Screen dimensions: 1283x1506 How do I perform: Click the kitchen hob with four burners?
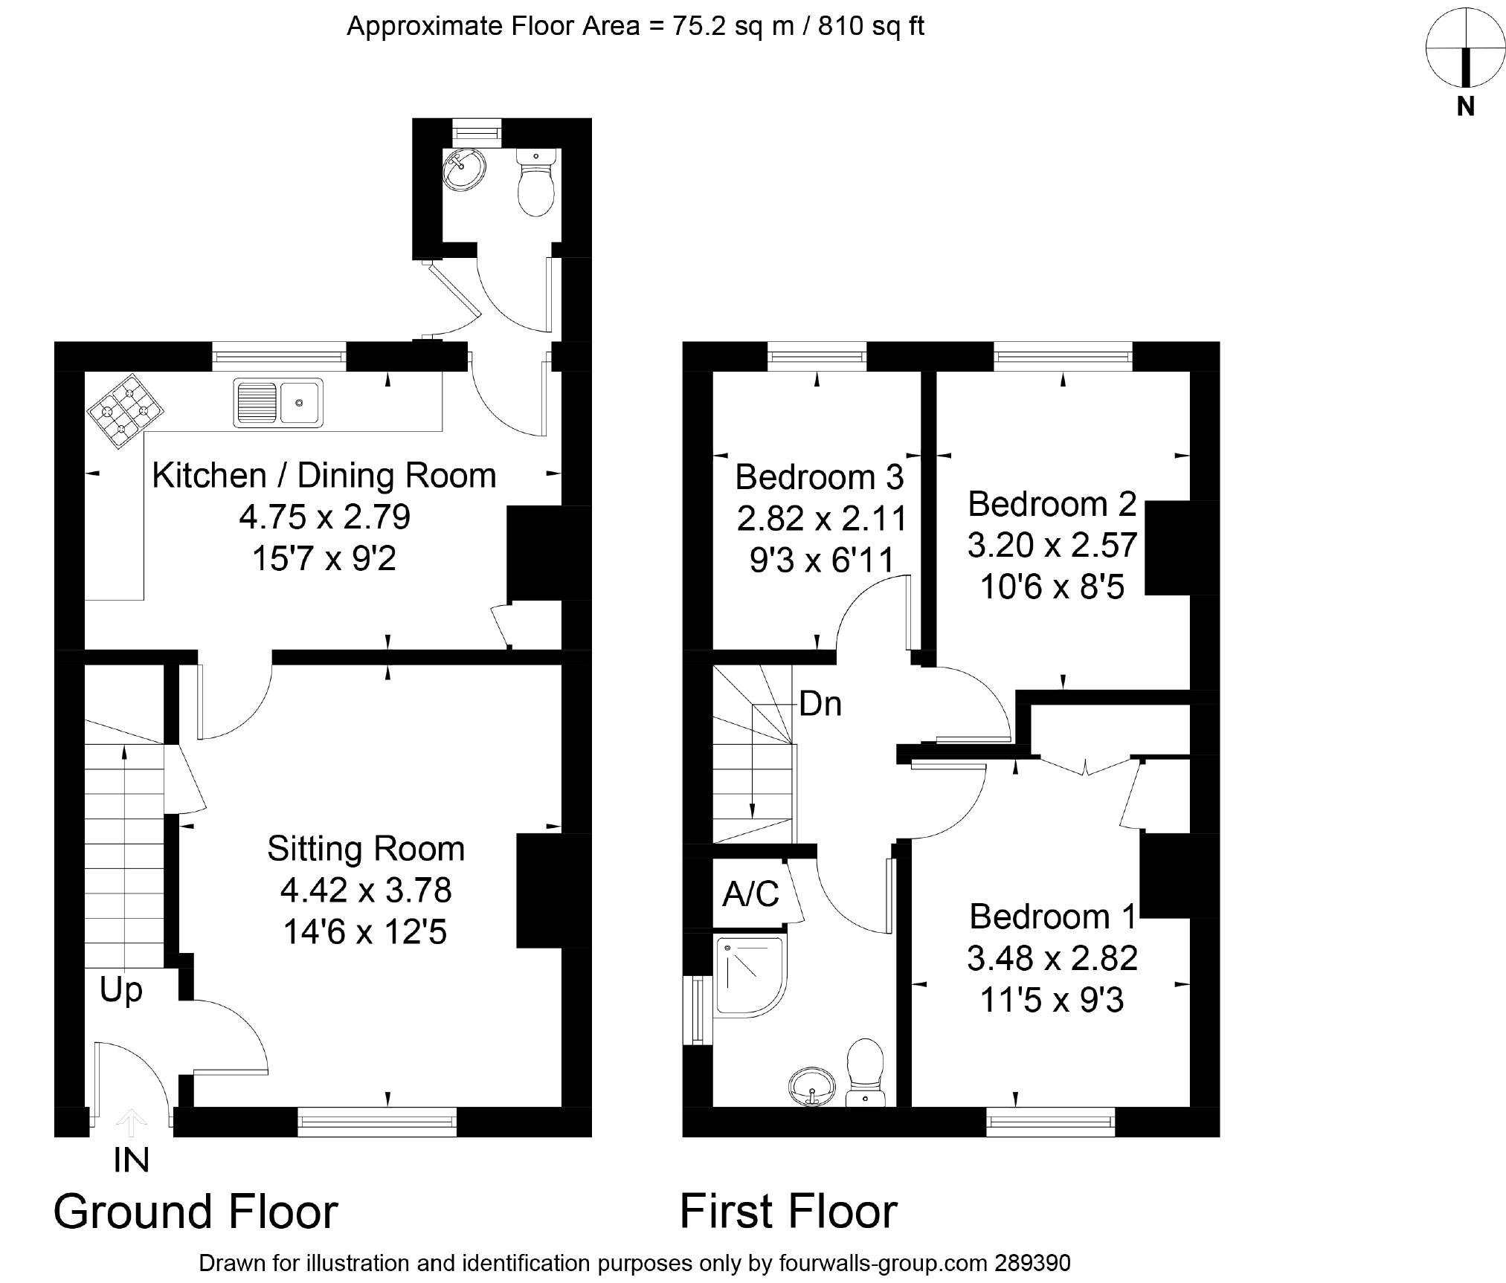(x=125, y=411)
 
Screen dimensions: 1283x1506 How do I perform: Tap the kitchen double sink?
(x=278, y=403)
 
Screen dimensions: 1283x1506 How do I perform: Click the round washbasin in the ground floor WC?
(x=464, y=169)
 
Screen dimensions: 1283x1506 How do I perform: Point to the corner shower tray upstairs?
(x=749, y=975)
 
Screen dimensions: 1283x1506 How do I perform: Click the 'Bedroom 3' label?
(x=819, y=477)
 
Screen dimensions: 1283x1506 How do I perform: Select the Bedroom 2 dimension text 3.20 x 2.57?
(x=1052, y=546)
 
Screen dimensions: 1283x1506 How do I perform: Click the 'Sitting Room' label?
(x=366, y=849)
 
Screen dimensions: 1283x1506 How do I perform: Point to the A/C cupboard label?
(x=750, y=894)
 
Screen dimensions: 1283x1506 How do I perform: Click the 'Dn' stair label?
(x=820, y=704)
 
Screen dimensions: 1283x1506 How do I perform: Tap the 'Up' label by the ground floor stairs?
(x=120, y=990)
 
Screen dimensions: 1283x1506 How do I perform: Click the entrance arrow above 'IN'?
(x=131, y=1122)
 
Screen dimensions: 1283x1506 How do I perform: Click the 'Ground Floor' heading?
(x=196, y=1212)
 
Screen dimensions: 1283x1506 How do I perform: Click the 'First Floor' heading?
(x=788, y=1212)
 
